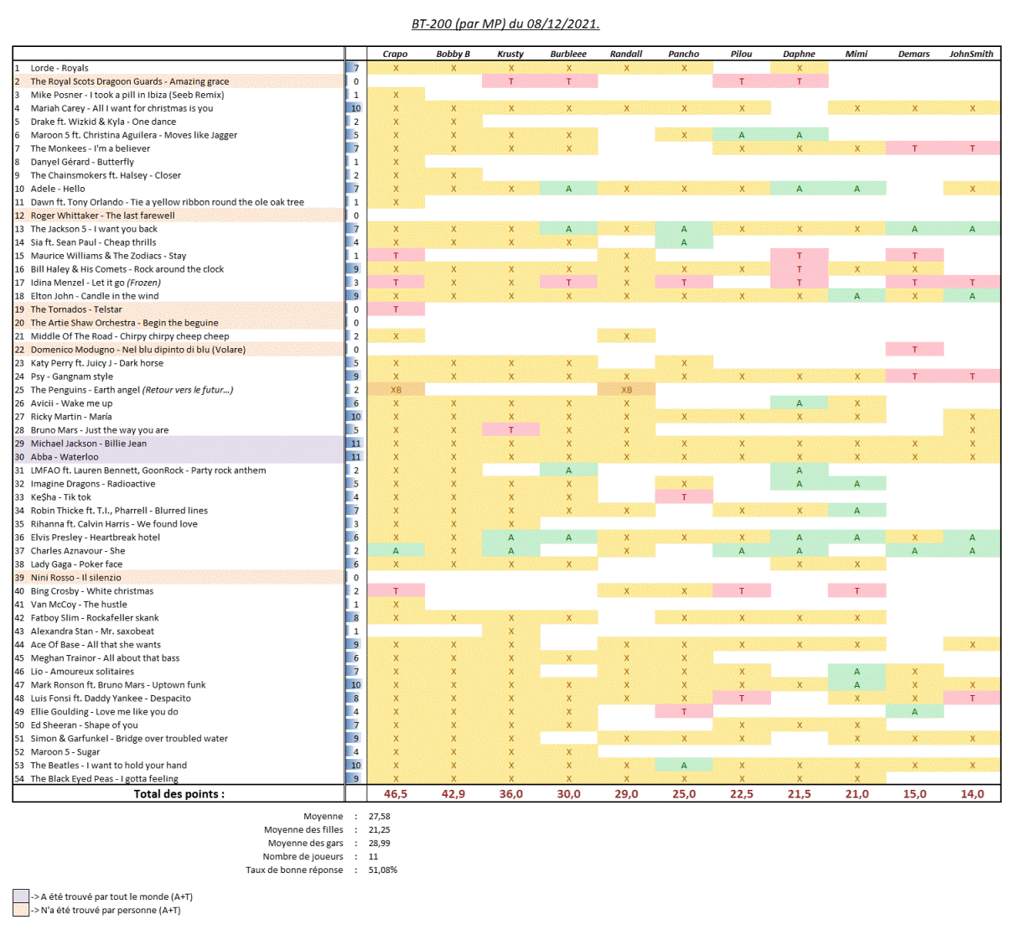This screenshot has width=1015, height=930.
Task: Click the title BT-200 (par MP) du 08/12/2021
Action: (505, 23)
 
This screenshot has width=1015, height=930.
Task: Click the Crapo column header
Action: (395, 54)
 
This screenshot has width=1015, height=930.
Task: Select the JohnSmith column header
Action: (971, 54)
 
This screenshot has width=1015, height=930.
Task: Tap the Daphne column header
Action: (799, 54)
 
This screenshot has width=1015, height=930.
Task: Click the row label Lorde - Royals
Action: (60, 68)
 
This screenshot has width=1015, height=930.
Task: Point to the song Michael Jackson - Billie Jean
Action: (89, 444)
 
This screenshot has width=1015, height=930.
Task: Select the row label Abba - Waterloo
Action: (65, 457)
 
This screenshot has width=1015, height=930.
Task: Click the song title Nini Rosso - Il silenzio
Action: (76, 578)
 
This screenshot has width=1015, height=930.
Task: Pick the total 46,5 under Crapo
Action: (396, 793)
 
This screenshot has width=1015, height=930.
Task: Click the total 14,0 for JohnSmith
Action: (972, 793)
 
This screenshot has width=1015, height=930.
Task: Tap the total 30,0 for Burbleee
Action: (568, 793)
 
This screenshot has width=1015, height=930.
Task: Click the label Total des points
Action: (179, 793)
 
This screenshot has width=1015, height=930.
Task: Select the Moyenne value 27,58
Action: (380, 816)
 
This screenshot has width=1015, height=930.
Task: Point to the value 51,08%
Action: (383, 870)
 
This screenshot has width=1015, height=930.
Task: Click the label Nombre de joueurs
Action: (303, 856)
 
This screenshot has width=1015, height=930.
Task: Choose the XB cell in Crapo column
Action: (396, 390)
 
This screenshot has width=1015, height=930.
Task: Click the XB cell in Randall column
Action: (626, 390)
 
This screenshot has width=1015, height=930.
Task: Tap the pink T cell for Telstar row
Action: (396, 309)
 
